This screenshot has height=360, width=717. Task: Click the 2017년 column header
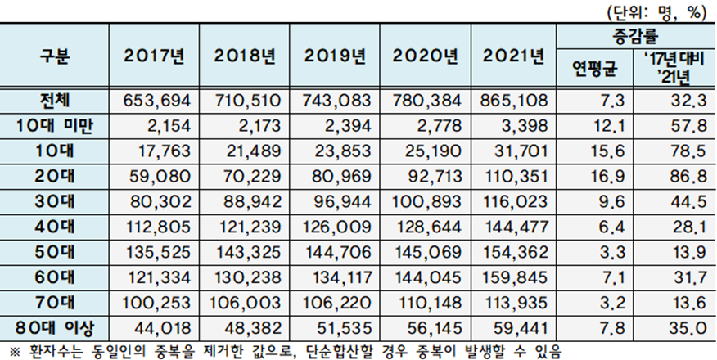pos(156,58)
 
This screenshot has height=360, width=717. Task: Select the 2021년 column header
pos(513,58)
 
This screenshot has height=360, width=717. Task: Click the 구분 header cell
pos(56,58)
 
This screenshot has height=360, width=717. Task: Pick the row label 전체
pos(56,101)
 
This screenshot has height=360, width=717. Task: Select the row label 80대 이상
pos(56,327)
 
